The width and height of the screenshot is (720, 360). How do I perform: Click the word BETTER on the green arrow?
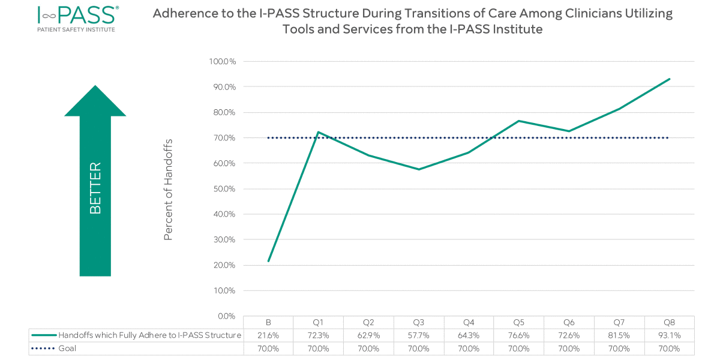[95, 188]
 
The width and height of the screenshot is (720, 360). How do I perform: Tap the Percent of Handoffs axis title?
[169, 189]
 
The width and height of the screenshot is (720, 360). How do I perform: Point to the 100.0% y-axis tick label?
[223, 62]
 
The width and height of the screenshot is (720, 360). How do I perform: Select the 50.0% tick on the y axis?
[224, 189]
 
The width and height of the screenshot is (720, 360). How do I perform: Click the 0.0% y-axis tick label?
[226, 316]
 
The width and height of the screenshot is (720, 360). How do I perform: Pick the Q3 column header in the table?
[419, 322]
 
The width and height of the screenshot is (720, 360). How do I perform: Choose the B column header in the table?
[268, 322]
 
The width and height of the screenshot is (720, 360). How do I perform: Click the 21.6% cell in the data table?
[268, 335]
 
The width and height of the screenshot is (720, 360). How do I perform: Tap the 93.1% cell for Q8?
[669, 335]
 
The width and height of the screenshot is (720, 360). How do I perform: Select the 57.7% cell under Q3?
[419, 335]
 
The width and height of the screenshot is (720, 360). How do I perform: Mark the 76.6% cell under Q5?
[519, 335]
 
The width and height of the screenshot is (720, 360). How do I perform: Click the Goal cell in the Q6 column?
[569, 348]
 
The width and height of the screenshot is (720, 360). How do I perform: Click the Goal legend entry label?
[68, 348]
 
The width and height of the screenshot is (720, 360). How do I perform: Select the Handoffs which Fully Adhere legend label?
[149, 335]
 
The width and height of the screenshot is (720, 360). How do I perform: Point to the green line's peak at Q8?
[669, 79]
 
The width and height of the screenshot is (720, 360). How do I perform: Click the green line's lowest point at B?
[268, 261]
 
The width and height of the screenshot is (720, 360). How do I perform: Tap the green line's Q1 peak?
[318, 132]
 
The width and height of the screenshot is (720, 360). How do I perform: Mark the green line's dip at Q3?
[419, 169]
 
